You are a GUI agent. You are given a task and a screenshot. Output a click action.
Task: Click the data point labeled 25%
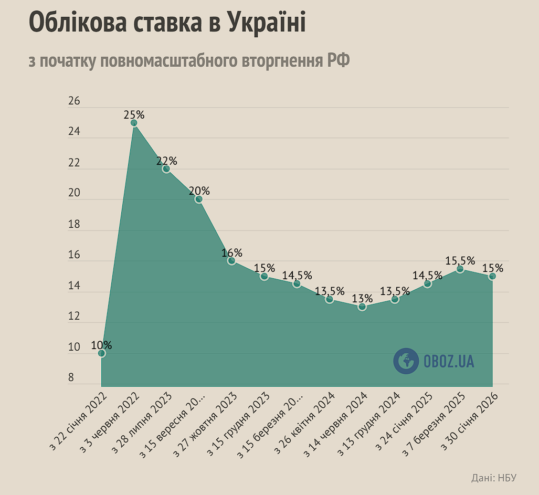tap(134, 123)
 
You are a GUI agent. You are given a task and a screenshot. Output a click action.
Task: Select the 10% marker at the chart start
tap(101, 353)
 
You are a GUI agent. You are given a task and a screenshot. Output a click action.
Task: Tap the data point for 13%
tap(362, 307)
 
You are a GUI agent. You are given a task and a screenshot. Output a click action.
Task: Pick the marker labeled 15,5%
tap(460, 269)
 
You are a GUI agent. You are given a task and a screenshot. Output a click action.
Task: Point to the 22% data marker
tap(166, 169)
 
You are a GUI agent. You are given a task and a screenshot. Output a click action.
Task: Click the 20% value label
tap(199, 191)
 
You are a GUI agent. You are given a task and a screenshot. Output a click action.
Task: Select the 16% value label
tap(231, 252)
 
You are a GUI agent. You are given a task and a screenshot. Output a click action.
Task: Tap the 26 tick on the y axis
tap(74, 101)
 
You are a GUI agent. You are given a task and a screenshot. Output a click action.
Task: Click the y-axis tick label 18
tap(74, 224)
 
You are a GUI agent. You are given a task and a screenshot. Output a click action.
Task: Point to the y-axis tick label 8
tap(71, 378)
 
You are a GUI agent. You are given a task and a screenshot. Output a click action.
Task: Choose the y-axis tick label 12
tap(74, 317)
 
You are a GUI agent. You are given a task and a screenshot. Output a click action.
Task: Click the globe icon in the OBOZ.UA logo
tap(406, 361)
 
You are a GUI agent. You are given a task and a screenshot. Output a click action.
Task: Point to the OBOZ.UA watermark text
tap(449, 361)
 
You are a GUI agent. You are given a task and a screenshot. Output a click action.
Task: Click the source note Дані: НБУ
tap(494, 478)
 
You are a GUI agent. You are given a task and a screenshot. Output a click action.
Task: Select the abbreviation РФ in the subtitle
tap(339, 61)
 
